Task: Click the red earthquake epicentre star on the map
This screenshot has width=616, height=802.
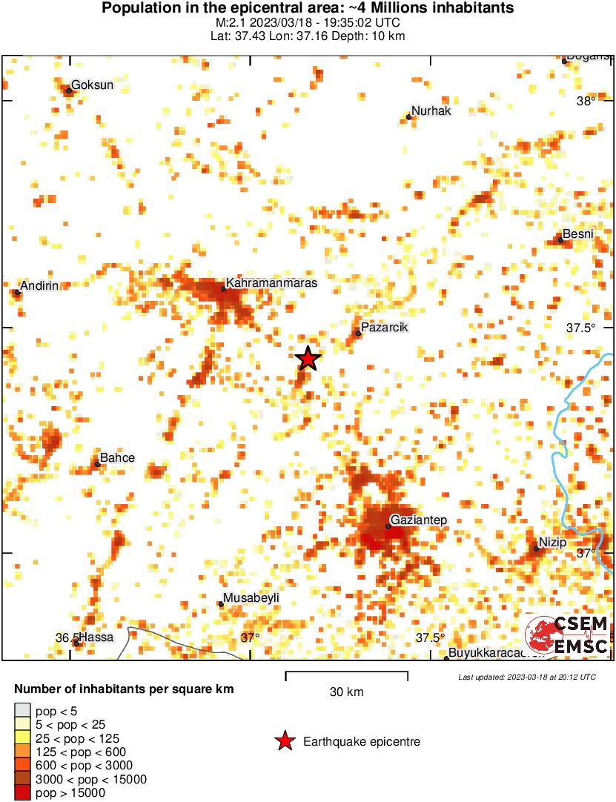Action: [x=308, y=359]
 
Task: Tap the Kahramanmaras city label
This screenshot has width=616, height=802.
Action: [x=271, y=283]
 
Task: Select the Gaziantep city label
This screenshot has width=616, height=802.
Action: [x=419, y=520]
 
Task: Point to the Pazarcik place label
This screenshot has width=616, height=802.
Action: [x=384, y=328]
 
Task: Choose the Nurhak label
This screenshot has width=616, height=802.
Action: [x=431, y=111]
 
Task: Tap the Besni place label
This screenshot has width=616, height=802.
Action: [x=578, y=234]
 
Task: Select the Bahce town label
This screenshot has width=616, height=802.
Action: [x=117, y=458]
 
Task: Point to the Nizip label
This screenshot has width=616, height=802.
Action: [x=552, y=543]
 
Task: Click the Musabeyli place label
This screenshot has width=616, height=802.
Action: [x=253, y=598]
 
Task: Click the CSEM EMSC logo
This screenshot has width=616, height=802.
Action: [x=567, y=635]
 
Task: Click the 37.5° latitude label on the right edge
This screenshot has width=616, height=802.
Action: [x=580, y=328]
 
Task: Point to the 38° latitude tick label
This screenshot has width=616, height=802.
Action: [x=586, y=102]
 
